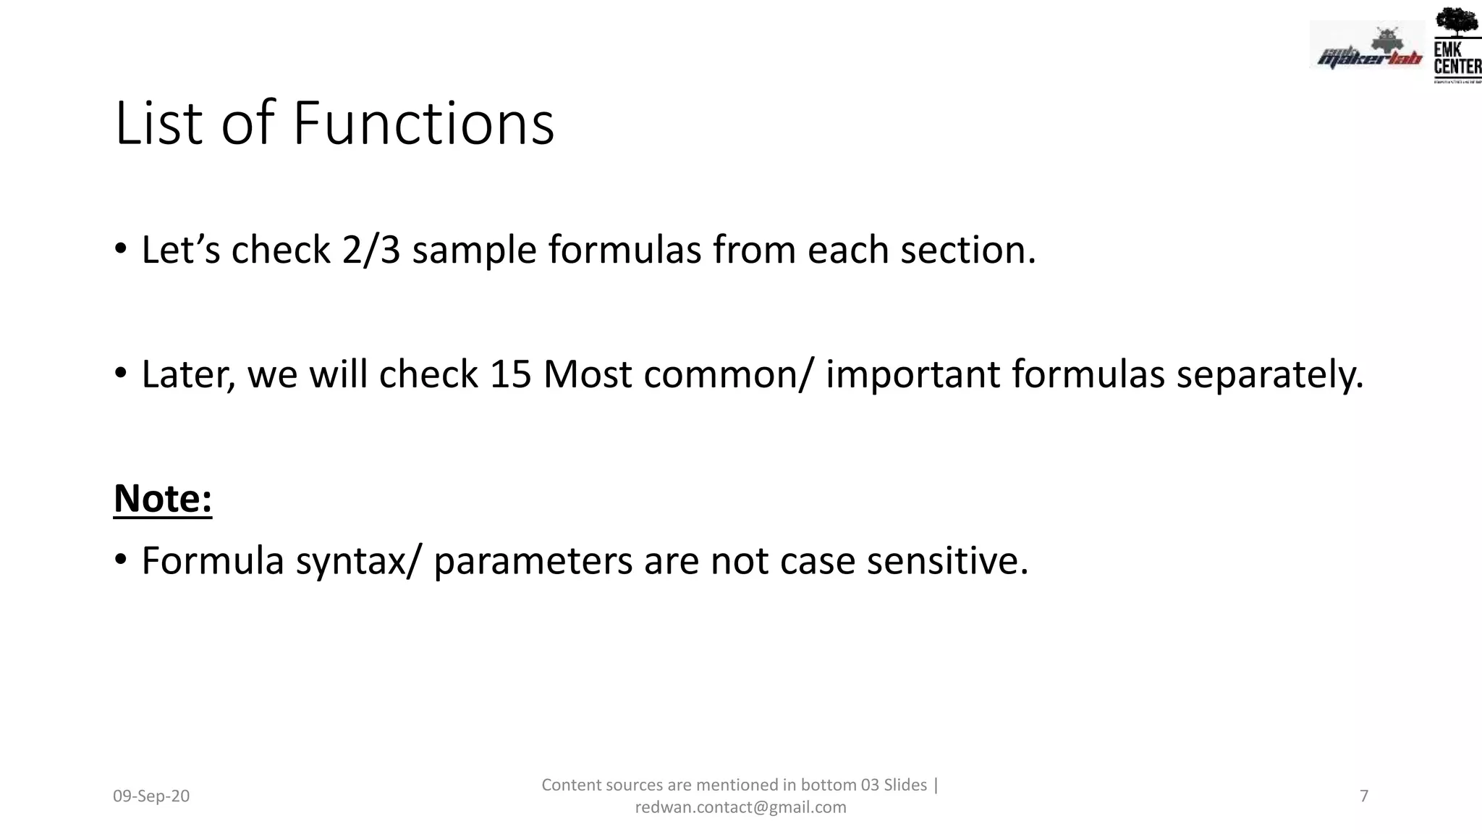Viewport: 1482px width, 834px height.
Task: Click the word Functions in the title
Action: (423, 123)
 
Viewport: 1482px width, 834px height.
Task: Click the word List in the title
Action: (158, 123)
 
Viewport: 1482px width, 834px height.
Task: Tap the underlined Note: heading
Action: (163, 499)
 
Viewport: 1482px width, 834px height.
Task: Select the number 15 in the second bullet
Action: (510, 374)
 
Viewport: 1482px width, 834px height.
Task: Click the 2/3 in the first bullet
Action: (371, 250)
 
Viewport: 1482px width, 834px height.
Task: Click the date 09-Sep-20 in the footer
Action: (151, 796)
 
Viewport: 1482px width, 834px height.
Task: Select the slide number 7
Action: (1364, 796)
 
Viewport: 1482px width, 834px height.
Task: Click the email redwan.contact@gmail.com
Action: (740, 807)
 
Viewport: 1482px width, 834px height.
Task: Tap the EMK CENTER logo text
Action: (1457, 59)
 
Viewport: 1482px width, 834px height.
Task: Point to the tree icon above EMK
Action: (1456, 22)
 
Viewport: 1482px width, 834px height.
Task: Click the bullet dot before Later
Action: (121, 374)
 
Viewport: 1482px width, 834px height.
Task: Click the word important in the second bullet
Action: (913, 374)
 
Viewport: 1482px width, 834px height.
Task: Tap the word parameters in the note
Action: (533, 562)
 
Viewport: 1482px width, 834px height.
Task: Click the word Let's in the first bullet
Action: (180, 250)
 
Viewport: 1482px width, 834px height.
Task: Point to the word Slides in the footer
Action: (905, 785)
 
